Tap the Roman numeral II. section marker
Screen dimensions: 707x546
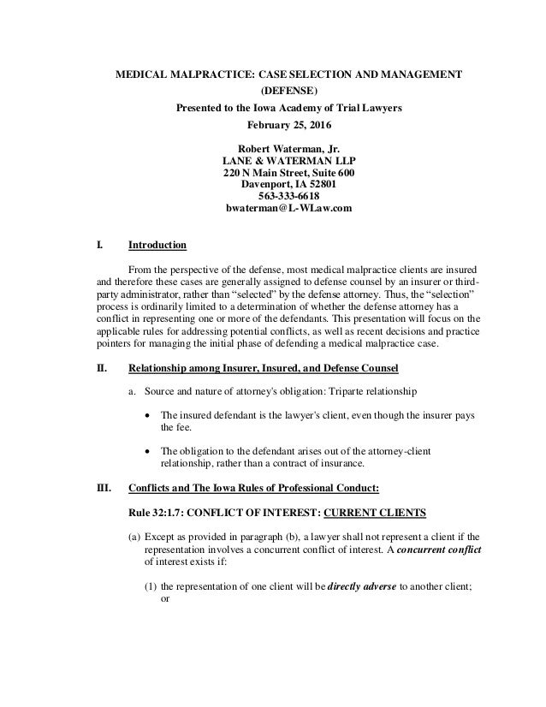(101, 369)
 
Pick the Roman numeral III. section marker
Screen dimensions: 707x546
(103, 491)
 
